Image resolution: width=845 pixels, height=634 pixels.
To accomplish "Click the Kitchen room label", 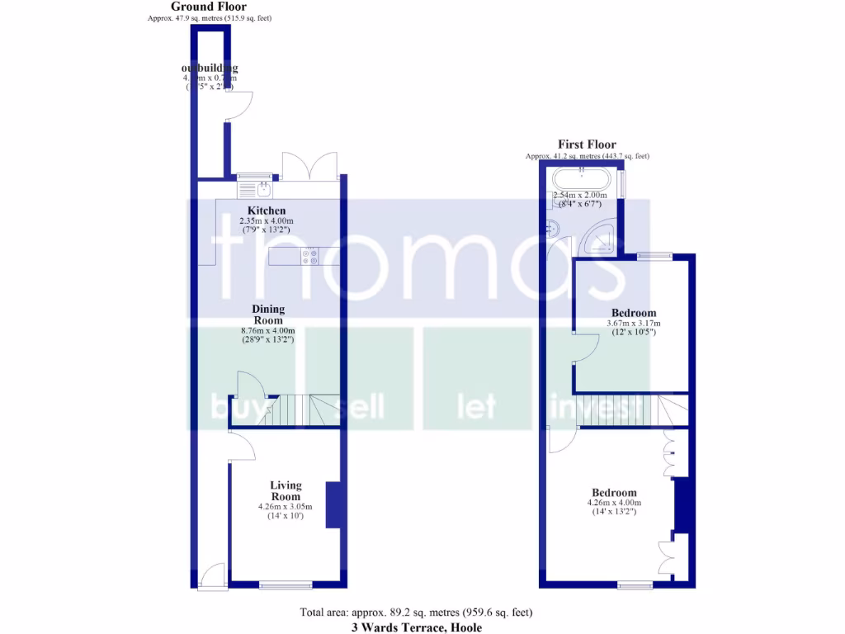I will [266, 211].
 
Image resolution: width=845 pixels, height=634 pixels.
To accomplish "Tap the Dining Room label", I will [267, 315].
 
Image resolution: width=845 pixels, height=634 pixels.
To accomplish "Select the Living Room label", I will [286, 490].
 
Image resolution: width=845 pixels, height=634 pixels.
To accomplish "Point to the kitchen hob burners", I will [310, 256].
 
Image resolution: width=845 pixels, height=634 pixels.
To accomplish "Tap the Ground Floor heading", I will [209, 7].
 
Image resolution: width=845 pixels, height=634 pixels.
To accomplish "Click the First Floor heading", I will [587, 144].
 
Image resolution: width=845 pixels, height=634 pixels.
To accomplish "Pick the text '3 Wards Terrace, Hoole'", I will [417, 627].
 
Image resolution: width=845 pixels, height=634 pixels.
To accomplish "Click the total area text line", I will [416, 613].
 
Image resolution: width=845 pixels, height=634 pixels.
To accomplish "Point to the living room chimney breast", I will [333, 504].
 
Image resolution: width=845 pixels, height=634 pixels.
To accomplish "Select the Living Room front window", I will [286, 585].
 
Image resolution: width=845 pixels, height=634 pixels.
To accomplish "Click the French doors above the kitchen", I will [309, 166].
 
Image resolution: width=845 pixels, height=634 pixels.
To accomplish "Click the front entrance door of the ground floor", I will [213, 575].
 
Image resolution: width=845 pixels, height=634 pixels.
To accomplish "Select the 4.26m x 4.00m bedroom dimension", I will [614, 502].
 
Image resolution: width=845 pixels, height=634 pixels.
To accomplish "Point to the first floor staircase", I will [619, 409].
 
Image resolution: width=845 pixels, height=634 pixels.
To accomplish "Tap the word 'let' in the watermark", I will [476, 406].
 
